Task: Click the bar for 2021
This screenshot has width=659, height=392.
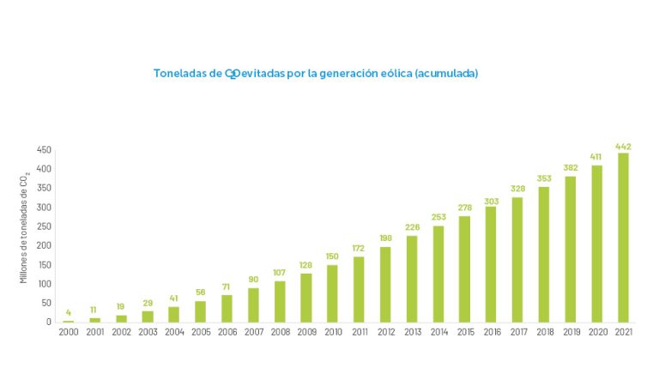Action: [623, 238]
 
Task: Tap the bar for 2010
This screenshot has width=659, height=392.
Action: [332, 293]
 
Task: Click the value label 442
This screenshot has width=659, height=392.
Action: [623, 147]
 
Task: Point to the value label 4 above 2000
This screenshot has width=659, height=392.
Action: [69, 313]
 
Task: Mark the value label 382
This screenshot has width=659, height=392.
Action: [570, 169]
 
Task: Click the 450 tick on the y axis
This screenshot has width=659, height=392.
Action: [45, 150]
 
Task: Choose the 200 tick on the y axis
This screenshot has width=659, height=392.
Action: [45, 246]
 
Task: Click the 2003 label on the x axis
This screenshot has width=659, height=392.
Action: [148, 333]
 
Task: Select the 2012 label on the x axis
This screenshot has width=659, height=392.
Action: [385, 333]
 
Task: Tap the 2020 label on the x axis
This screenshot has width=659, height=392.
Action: [596, 333]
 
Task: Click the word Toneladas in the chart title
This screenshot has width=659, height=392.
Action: [178, 74]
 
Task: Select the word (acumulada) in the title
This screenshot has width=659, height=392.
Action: [446, 74]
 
